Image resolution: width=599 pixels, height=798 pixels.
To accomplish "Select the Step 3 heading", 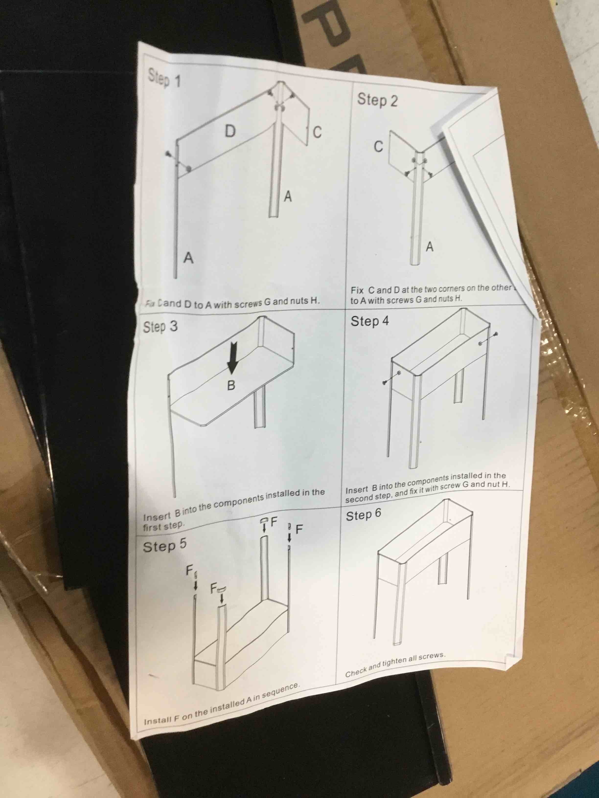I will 160,327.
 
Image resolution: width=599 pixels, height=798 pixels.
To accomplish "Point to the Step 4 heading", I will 370,321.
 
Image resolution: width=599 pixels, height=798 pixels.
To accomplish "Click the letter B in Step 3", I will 231,386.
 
